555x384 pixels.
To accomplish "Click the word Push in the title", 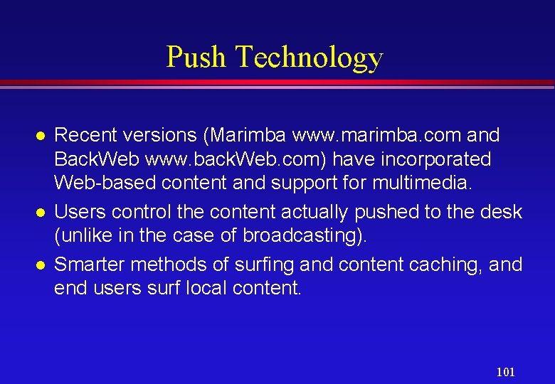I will [x=196, y=57].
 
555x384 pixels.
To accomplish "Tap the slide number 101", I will [x=505, y=372].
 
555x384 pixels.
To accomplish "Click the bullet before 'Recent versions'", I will [x=41, y=135].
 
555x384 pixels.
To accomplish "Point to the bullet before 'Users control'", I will [x=41, y=213].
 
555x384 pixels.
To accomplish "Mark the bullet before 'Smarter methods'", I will [x=41, y=265].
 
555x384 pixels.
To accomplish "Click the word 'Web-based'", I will [x=106, y=182].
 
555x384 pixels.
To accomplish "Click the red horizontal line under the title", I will [x=277, y=83].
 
